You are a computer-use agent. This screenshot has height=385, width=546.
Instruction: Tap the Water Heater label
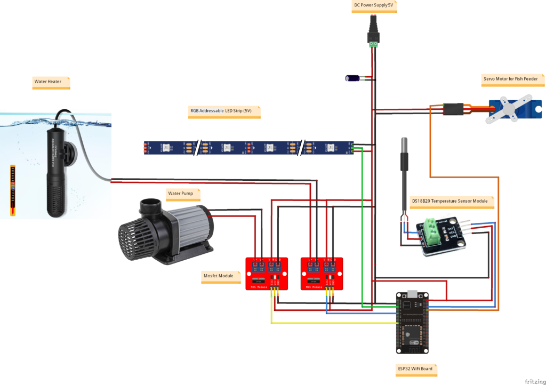pyautogui.click(x=48, y=82)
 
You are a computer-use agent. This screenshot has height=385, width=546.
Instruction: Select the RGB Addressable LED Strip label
pyautogui.click(x=220, y=111)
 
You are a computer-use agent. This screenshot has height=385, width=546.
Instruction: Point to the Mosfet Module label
pyautogui.click(x=218, y=276)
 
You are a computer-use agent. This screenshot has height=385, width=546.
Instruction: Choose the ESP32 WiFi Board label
pyautogui.click(x=414, y=368)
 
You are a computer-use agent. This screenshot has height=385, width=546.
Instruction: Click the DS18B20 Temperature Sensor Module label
pyautogui.click(x=449, y=201)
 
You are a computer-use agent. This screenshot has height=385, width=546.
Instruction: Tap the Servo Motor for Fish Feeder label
pyautogui.click(x=510, y=78)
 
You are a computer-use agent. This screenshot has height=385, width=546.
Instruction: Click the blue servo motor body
pyautogui.click(x=509, y=109)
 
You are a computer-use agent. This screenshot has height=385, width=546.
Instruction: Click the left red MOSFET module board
pyautogui.click(x=266, y=274)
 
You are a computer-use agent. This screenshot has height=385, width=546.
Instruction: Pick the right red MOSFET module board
pyautogui.click(x=322, y=274)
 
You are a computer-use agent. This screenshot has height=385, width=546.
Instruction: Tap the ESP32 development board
pyautogui.click(x=412, y=322)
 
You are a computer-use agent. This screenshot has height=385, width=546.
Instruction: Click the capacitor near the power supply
pyautogui.click(x=354, y=78)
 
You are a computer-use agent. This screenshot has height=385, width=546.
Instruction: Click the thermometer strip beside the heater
pyautogui.click(x=12, y=190)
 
